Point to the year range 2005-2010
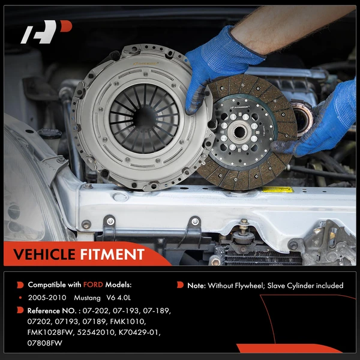[x=47, y=297]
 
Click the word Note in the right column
[x=196, y=286]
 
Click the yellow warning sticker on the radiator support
[x=277, y=190]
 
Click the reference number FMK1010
[x=149, y=321]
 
